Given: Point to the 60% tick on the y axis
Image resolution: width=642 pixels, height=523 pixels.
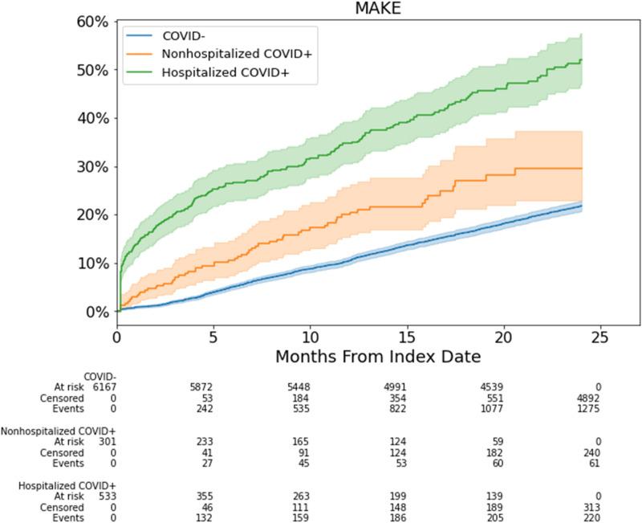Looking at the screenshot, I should coord(91,22).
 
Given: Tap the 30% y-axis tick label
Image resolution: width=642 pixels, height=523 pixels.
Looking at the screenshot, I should coord(91,167).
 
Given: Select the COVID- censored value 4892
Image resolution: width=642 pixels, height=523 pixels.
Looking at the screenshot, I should coord(591,397).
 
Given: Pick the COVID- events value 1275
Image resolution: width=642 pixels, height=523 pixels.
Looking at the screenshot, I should coord(591,407).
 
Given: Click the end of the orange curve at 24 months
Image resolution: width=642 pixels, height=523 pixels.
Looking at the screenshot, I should coord(581,168).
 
